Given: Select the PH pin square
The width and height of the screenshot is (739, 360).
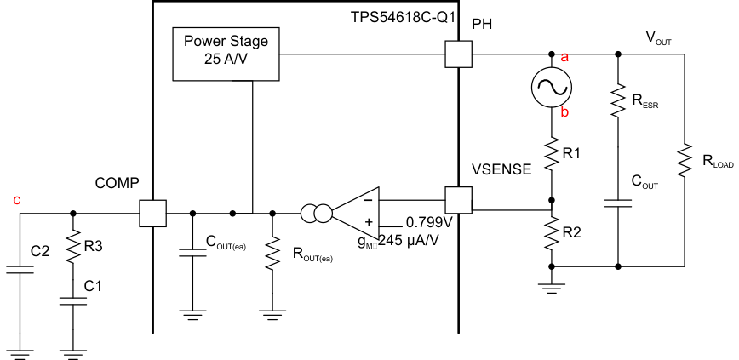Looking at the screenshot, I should tap(458, 55).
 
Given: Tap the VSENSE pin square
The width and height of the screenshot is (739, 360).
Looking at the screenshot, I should tap(458, 201).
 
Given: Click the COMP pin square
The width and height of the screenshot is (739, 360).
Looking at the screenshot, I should tap(152, 213).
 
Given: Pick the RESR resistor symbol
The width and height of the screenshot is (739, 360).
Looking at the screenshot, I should tap(617, 105).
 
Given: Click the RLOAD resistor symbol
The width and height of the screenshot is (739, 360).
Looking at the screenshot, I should tap(685, 160).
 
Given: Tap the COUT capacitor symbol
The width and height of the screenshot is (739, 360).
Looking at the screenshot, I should tap(617, 204).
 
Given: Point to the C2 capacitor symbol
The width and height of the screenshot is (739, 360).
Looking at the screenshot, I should tap(19, 270).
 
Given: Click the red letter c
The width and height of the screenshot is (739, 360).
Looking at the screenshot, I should tap(16, 200).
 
